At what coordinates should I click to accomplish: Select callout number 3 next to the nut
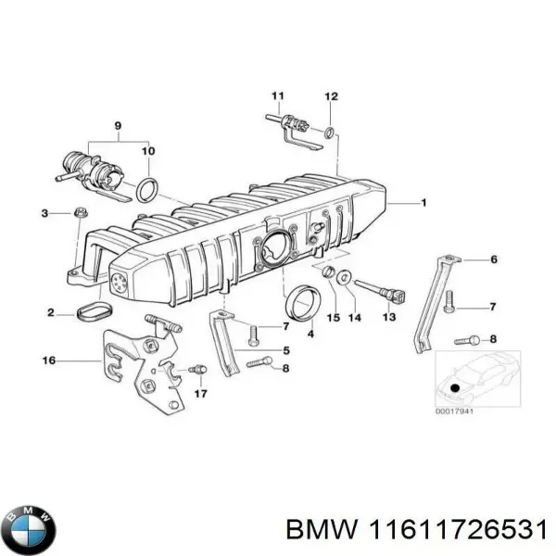coord(44,214)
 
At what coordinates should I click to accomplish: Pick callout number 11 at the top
coord(276,97)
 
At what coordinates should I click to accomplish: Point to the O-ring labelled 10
coord(146,191)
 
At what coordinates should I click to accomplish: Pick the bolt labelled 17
coord(196,371)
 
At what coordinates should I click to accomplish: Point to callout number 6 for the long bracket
coord(493,259)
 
